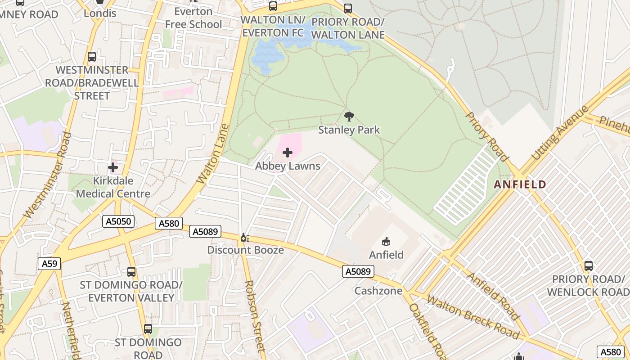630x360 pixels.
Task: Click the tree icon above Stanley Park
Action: pyautogui.click(x=349, y=117)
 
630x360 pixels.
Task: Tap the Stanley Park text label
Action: pyautogui.click(x=349, y=130)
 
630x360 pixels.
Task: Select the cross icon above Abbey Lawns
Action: pyautogui.click(x=288, y=153)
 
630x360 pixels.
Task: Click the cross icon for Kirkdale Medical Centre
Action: pyautogui.click(x=113, y=168)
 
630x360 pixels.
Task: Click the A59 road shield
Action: pyautogui.click(x=49, y=264)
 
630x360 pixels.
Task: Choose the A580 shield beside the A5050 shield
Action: pyautogui.click(x=169, y=223)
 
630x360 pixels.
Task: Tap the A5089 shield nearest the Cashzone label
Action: pyautogui.click(x=358, y=271)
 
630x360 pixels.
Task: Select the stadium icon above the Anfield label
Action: pyautogui.click(x=386, y=242)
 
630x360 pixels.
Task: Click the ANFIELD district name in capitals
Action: pyautogui.click(x=520, y=184)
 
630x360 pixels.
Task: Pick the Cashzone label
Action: pyautogui.click(x=378, y=291)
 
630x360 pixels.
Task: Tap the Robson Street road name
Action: pyautogui.click(x=254, y=315)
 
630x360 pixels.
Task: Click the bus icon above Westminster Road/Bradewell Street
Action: pyautogui.click(x=92, y=57)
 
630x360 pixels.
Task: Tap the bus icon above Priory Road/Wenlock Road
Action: pyautogui.click(x=588, y=266)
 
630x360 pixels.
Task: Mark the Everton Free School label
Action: pyautogui.click(x=193, y=18)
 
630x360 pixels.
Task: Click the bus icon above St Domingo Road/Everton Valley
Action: pyautogui.click(x=131, y=272)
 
